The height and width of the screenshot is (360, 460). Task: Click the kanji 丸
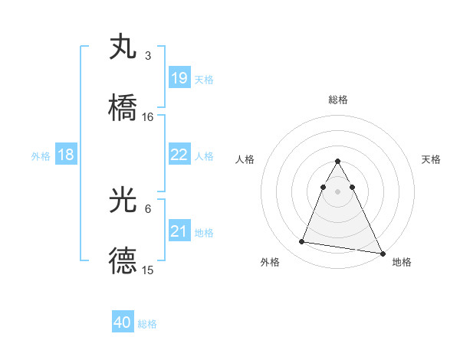click(123, 47)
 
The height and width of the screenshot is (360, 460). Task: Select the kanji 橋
click(123, 106)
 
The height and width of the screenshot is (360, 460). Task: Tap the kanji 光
click(123, 201)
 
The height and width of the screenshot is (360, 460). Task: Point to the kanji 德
click(123, 260)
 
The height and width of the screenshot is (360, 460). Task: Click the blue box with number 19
click(179, 78)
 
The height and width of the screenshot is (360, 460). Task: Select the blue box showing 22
click(179, 155)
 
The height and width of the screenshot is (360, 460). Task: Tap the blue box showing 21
click(179, 231)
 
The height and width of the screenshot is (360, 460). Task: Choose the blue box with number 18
click(66, 155)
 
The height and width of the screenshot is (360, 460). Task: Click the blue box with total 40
click(123, 323)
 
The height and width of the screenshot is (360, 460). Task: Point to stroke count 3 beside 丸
click(147, 56)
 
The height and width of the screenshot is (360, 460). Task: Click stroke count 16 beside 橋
click(148, 116)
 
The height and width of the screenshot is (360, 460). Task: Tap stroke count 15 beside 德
click(148, 270)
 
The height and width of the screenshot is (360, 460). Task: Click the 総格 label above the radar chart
click(337, 100)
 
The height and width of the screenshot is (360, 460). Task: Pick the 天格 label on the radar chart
click(431, 159)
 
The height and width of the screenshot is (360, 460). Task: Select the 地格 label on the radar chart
click(402, 262)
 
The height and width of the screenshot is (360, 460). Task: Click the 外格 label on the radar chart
click(270, 262)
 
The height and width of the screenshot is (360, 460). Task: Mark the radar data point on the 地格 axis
click(383, 254)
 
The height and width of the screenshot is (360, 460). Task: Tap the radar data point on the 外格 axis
click(302, 242)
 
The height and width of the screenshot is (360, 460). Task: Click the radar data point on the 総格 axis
click(337, 161)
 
